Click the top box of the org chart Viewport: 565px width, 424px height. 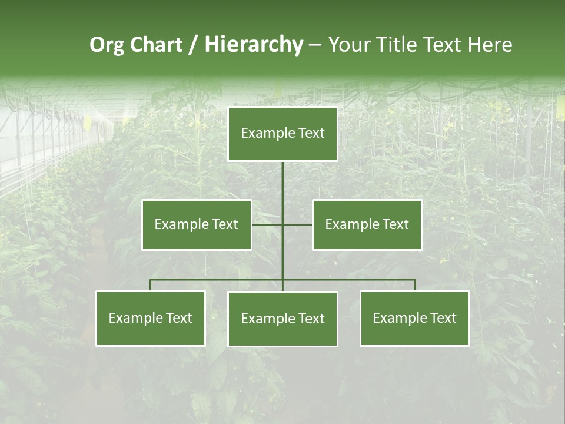pos(282,134)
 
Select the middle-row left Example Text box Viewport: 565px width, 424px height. pos(197,224)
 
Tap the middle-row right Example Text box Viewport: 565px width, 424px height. pos(367,224)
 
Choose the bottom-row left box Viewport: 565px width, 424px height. pos(151,319)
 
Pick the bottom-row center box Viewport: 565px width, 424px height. pos(282,319)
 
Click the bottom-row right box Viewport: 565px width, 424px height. pos(414,319)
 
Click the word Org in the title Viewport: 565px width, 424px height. pos(107,45)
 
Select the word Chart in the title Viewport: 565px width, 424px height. pos(156,45)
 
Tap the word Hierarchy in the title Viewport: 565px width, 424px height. pos(254,45)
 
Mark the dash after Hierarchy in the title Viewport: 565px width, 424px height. pos(315,45)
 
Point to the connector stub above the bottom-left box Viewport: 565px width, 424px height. pos(151,285)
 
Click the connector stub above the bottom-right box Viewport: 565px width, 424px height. pos(414,285)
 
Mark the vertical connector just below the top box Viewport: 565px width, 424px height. pos(282,177)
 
